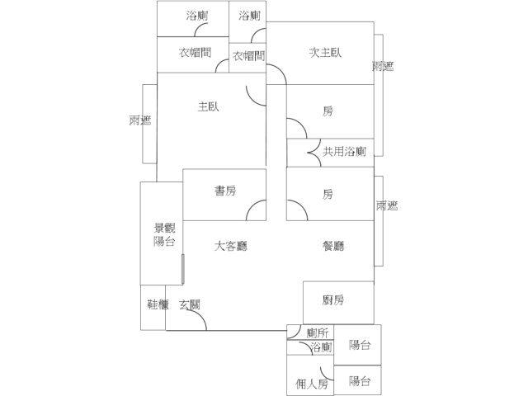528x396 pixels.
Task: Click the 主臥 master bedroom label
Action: pyautogui.click(x=208, y=106)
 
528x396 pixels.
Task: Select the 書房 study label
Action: pyautogui.click(x=225, y=191)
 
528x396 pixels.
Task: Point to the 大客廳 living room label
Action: pyautogui.click(x=232, y=246)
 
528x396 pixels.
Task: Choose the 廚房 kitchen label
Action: pyautogui.click(x=333, y=300)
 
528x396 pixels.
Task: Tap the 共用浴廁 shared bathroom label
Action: pyautogui.click(x=344, y=152)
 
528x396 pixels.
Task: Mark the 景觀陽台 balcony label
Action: pyautogui.click(x=164, y=234)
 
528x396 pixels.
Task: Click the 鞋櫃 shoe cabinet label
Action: pyautogui.click(x=158, y=304)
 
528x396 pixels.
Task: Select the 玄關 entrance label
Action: pyautogui.click(x=190, y=304)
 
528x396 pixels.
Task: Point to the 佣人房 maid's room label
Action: pyautogui.click(x=312, y=384)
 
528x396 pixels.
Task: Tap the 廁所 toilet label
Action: pyautogui.click(x=318, y=332)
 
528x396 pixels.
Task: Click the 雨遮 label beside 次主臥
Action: pyautogui.click(x=382, y=67)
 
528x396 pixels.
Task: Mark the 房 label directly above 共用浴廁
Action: pyautogui.click(x=328, y=111)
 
